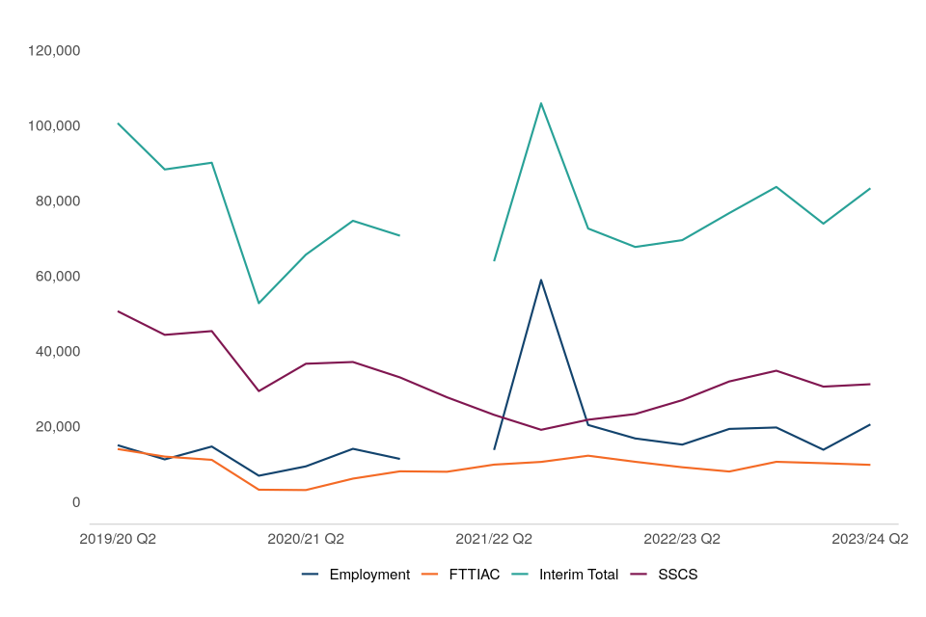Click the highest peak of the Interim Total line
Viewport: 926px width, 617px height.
pos(541,103)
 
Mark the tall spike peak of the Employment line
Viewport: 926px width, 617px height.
pos(541,280)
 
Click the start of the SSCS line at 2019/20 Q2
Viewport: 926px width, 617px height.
pos(118,311)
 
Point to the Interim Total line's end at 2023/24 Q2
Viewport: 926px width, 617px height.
pos(870,189)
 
